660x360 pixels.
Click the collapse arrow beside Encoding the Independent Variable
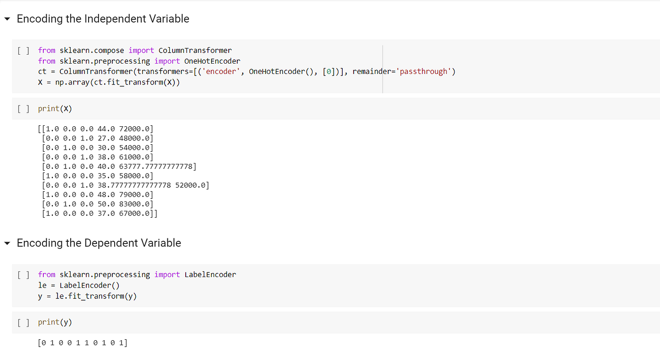pyautogui.click(x=7, y=19)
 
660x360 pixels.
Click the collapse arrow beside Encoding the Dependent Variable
pyautogui.click(x=7, y=244)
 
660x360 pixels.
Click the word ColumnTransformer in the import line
pyautogui.click(x=195, y=50)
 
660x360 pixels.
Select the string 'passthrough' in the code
pyautogui.click(x=425, y=72)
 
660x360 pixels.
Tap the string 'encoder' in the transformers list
pyautogui.click(x=222, y=72)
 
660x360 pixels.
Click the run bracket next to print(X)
pyautogui.click(x=23, y=109)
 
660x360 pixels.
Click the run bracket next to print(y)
pyautogui.click(x=23, y=322)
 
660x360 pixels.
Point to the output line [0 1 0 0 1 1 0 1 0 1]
pyautogui.click(x=82, y=343)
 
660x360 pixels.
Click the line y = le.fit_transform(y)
pyautogui.click(x=87, y=296)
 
